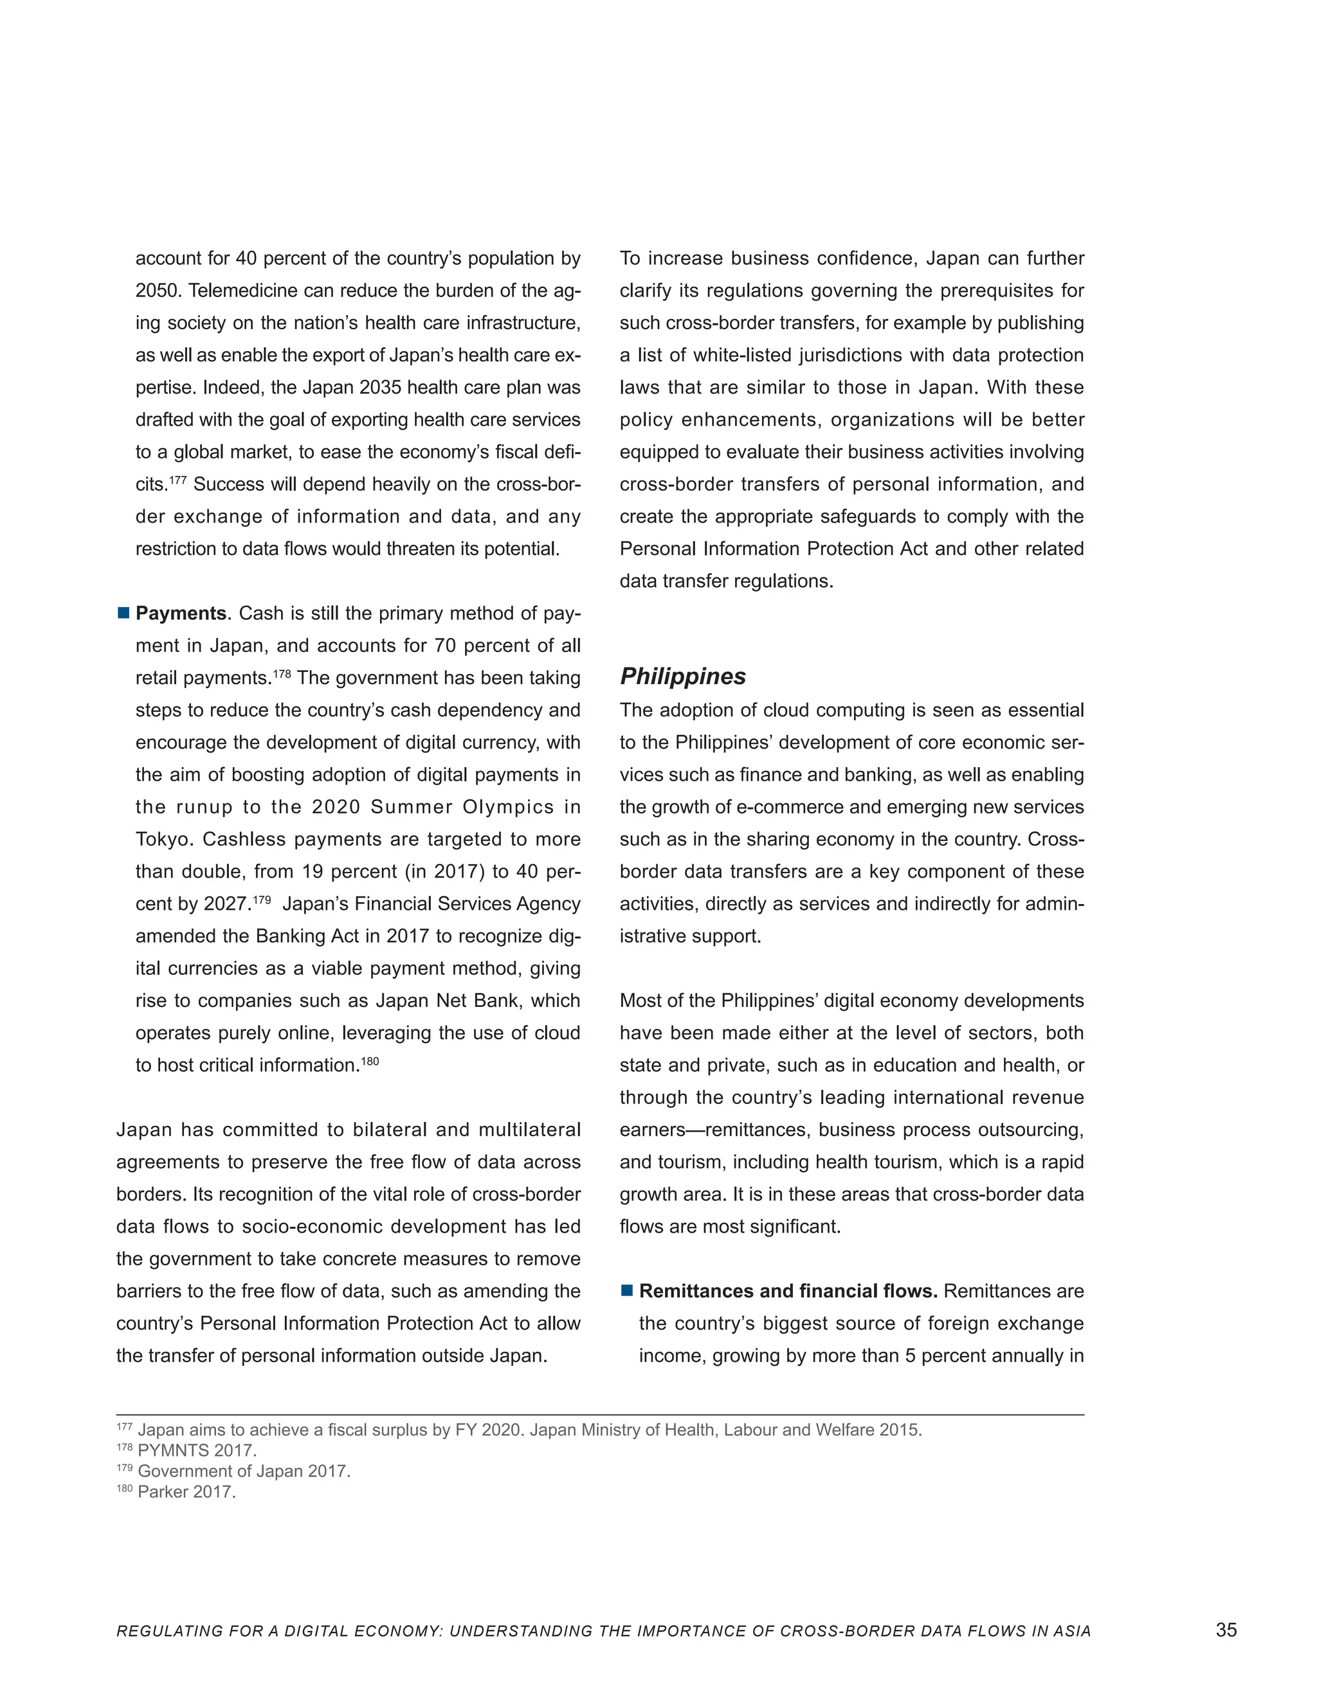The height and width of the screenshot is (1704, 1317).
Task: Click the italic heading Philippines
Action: (x=683, y=676)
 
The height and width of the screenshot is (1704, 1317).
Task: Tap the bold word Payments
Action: (x=180, y=613)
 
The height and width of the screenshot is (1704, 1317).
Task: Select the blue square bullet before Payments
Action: (x=123, y=613)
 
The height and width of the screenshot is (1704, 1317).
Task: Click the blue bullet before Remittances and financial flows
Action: (x=626, y=1291)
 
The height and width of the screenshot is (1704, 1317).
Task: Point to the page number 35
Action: (x=1226, y=1630)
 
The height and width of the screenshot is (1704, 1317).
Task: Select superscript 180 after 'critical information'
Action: (x=369, y=1060)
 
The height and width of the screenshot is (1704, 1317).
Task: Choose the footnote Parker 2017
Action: (x=186, y=1492)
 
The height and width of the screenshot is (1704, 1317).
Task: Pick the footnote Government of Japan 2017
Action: (x=244, y=1471)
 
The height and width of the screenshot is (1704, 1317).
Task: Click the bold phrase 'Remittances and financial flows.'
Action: (x=788, y=1291)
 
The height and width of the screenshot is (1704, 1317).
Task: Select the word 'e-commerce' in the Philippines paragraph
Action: (x=785, y=807)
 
